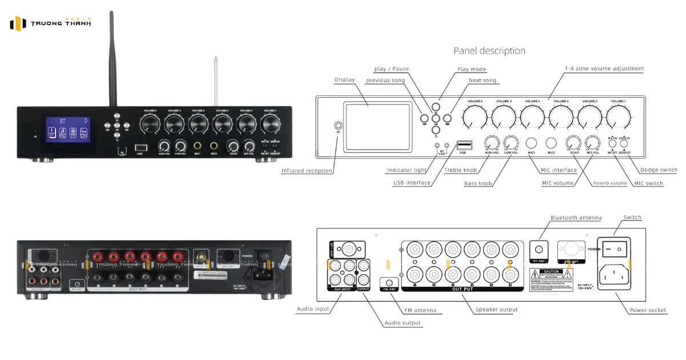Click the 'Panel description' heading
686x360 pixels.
489,51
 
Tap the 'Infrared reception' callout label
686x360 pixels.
307,170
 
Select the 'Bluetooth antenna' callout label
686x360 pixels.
576,218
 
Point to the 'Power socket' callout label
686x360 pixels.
648,310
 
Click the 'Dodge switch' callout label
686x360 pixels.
658,170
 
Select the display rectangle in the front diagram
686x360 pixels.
377,126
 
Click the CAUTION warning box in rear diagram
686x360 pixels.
551,281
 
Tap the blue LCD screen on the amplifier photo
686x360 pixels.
67,129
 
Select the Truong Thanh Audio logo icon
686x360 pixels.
18,23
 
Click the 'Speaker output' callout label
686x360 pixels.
496,310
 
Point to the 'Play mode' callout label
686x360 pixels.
472,69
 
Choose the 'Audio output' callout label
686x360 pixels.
402,323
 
